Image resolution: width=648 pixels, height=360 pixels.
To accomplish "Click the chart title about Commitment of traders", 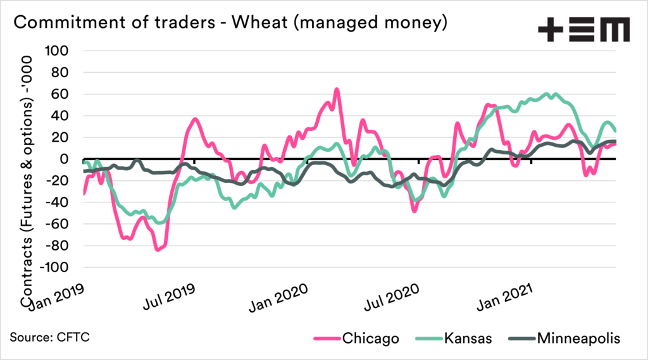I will coord(231,23).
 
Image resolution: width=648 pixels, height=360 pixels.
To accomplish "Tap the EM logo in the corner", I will coord(583,29).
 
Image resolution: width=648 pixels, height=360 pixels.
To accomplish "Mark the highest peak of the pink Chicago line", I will coord(337,89).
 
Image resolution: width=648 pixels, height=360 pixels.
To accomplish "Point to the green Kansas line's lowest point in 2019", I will coord(161,223).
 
